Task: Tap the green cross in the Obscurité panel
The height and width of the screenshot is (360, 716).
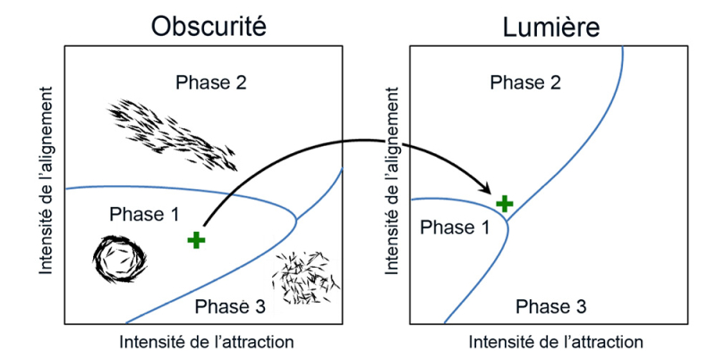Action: tap(196, 239)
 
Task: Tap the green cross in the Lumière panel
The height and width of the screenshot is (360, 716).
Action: tap(505, 203)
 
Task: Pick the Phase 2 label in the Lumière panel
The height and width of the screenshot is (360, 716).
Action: tap(525, 83)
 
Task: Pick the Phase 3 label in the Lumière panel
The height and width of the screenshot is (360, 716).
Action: tap(551, 307)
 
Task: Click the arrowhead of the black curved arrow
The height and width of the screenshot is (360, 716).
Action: tap(489, 191)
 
